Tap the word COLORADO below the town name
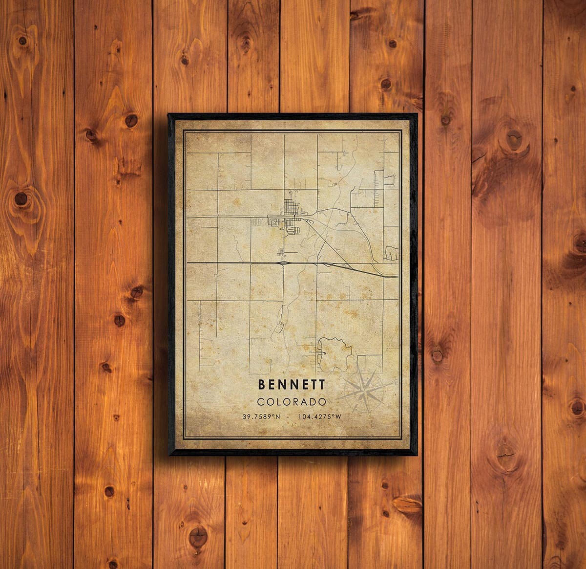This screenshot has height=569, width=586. [293, 402]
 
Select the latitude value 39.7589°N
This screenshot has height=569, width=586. [262, 416]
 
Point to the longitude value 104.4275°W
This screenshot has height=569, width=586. [321, 416]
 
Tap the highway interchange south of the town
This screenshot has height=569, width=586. [283, 263]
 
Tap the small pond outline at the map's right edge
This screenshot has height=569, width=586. [391, 253]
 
